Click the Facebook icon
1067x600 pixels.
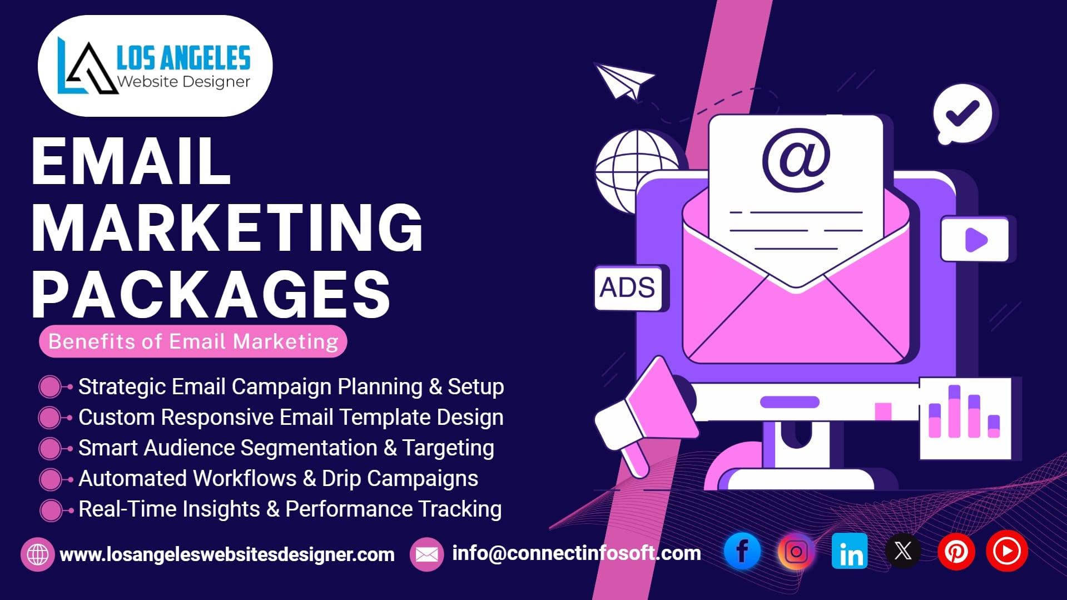[742, 551]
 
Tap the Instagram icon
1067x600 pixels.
[796, 551]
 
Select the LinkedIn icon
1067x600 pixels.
[850, 551]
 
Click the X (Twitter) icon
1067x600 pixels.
[903, 551]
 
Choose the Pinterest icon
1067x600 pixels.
[956, 551]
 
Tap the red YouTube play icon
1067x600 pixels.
[1007, 551]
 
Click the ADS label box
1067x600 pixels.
[628, 287]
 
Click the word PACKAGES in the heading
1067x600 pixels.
[211, 294]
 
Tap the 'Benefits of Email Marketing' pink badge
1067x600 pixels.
[193, 341]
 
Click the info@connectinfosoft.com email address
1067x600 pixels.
[576, 553]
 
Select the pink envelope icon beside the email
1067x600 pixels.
[426, 554]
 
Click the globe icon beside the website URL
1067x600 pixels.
[38, 554]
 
